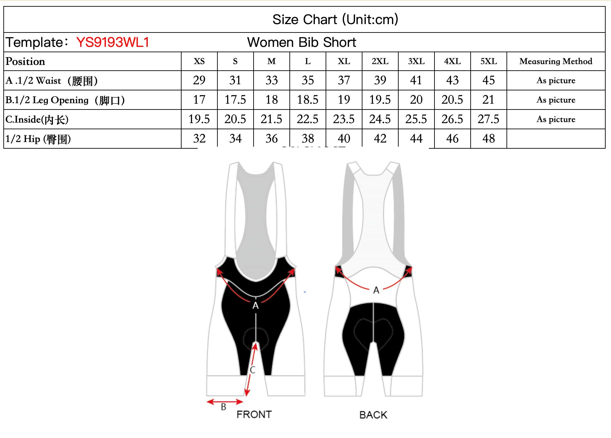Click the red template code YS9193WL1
113,43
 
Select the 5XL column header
488,61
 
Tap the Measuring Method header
556,61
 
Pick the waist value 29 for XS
199,80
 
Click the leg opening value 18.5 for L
308,100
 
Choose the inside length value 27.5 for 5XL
488,119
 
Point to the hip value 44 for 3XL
416,139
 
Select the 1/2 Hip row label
38,139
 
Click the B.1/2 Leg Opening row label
65,100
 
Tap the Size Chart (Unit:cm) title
335,19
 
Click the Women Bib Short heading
301,43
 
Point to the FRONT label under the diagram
254,415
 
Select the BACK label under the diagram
373,415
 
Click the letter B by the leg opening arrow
223,407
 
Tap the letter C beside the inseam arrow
253,370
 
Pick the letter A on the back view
376,290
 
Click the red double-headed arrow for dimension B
225,401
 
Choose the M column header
271,61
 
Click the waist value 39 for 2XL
380,80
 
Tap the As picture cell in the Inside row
556,119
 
